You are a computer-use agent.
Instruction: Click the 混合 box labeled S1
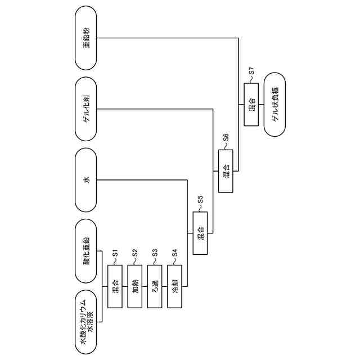115,286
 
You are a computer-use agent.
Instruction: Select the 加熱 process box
135,286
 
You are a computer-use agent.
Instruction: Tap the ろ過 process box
155,286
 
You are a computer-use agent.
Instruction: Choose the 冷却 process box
174,286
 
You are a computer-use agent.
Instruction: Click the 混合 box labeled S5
200,233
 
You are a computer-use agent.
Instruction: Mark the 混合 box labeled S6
226,170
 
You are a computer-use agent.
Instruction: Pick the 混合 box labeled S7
251,105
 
